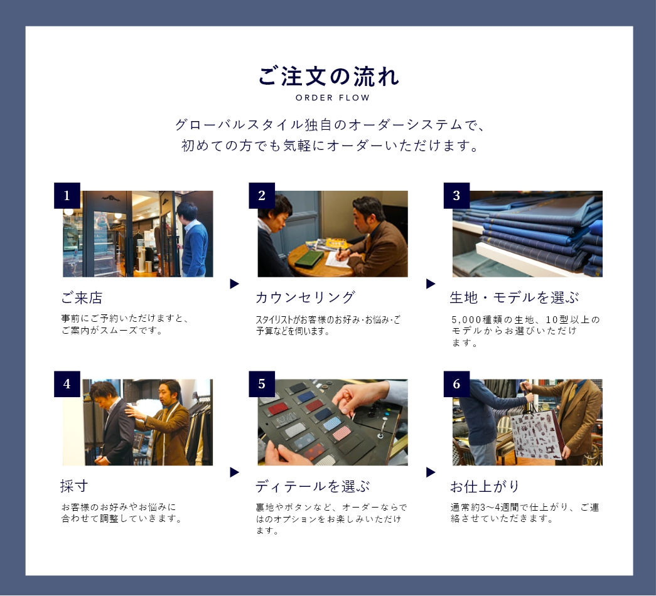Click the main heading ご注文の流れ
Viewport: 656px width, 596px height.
coord(328,77)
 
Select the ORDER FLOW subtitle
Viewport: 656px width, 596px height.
coord(333,98)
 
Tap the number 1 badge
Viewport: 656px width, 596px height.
coord(67,195)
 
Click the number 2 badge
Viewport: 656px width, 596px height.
coord(262,195)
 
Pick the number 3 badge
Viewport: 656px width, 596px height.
coord(456,195)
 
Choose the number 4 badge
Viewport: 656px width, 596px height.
coord(67,384)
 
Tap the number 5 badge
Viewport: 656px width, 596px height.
coord(262,384)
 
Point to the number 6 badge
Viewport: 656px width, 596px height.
coord(456,384)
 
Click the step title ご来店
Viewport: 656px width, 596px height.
coord(82,298)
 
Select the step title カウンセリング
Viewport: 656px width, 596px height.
coord(306,297)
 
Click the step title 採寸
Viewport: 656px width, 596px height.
coord(74,486)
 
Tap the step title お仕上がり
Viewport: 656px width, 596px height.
coord(485,486)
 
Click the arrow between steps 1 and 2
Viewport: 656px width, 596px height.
coord(234,284)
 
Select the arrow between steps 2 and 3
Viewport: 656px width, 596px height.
coord(431,284)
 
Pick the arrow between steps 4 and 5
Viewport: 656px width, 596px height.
coord(234,472)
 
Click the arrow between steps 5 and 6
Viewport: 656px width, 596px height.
coord(431,472)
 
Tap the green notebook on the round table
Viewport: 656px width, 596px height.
coord(309,258)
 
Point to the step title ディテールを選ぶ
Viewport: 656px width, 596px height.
coord(313,486)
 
